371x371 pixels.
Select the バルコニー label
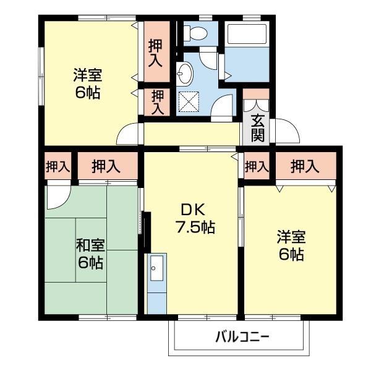point(242,338)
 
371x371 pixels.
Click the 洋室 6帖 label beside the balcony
point(290,245)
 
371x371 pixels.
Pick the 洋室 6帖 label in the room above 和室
point(87,84)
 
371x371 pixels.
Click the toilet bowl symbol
point(198,33)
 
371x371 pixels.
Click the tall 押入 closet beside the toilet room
point(155,51)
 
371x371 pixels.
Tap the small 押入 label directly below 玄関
point(257,166)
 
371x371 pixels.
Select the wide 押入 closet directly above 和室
point(106,166)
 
